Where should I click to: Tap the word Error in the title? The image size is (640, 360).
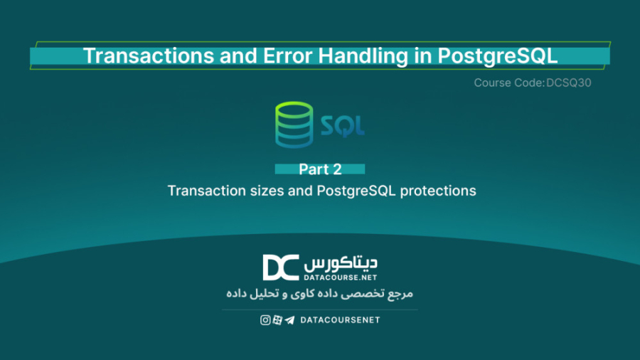[251, 55]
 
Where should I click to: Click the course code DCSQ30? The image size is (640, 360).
[569, 83]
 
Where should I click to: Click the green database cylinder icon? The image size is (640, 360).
[294, 125]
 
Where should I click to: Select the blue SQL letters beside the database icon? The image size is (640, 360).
[342, 126]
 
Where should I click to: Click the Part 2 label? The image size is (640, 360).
[320, 169]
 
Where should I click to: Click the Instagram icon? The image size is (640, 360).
[265, 320]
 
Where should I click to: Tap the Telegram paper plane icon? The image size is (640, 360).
[289, 320]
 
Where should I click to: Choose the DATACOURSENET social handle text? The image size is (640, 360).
[340, 320]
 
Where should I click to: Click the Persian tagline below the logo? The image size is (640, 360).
[319, 293]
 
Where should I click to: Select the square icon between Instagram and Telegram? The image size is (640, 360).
[277, 320]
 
